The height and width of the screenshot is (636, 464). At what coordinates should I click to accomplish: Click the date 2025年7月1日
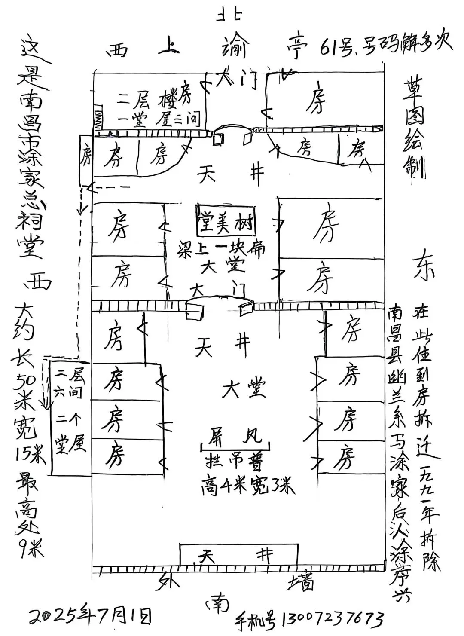(x=90, y=615)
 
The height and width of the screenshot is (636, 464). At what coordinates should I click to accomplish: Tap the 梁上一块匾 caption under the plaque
(x=222, y=249)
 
